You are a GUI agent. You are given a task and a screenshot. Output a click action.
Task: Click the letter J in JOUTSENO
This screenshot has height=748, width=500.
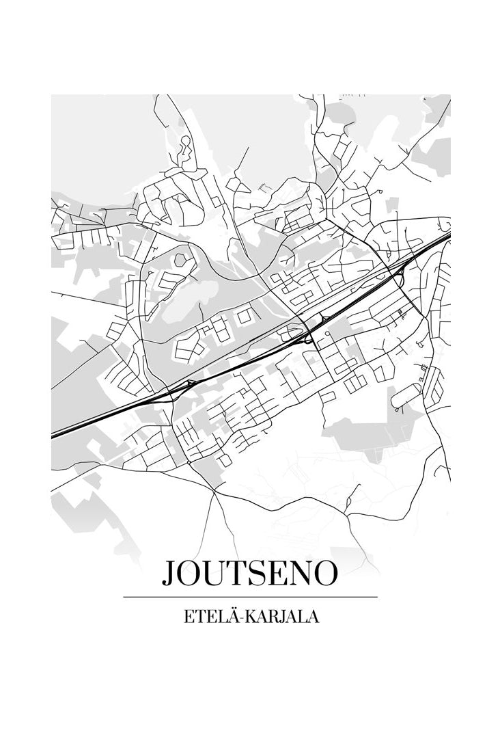[x=169, y=574]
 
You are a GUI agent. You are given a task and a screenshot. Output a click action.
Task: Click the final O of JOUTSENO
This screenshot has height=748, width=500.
[x=325, y=574]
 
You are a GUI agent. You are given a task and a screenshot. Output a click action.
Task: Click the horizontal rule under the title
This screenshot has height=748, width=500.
[x=250, y=597]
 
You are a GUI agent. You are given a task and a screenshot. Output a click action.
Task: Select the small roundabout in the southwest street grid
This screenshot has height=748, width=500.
[x=189, y=463]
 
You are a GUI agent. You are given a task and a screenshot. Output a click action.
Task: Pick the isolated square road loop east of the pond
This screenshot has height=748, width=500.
[x=245, y=316]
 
